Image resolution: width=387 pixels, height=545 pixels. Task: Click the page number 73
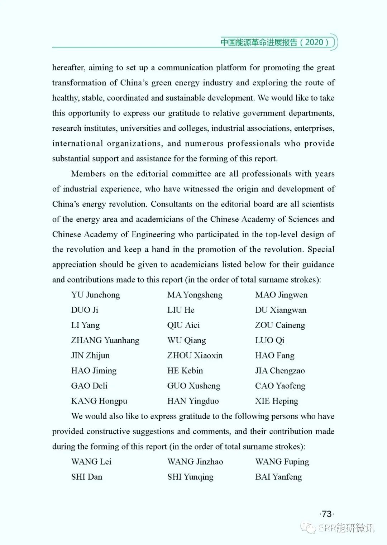pyautogui.click(x=326, y=514)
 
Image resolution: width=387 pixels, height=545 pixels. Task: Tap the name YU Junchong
pyautogui.click(x=95, y=295)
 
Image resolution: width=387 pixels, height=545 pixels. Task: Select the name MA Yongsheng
pyautogui.click(x=195, y=295)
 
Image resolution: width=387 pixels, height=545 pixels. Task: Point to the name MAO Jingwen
pyautogui.click(x=281, y=295)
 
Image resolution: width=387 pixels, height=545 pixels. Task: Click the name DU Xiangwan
pyautogui.click(x=281, y=310)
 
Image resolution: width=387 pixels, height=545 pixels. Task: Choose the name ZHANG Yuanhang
pyautogui.click(x=105, y=340)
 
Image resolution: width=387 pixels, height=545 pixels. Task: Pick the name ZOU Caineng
pyautogui.click(x=280, y=325)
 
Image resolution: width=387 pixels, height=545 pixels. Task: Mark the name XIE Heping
pyautogui.click(x=276, y=401)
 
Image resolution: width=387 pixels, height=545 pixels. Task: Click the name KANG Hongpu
pyautogui.click(x=99, y=401)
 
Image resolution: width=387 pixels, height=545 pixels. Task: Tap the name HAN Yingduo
pyautogui.click(x=193, y=401)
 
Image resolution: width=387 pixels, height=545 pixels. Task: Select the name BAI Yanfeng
pyautogui.click(x=278, y=477)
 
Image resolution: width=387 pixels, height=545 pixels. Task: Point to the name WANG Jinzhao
pyautogui.click(x=195, y=462)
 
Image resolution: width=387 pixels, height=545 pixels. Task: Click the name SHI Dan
pyautogui.click(x=87, y=477)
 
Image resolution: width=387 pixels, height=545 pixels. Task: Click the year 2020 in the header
pyautogui.click(x=314, y=42)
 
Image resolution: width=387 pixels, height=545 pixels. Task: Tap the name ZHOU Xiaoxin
pyautogui.click(x=195, y=355)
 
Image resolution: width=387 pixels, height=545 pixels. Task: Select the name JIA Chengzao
pyautogui.click(x=280, y=371)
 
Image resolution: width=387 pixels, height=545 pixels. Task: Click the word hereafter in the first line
pyautogui.click(x=68, y=68)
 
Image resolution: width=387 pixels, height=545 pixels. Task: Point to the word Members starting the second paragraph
pyautogui.click(x=88, y=174)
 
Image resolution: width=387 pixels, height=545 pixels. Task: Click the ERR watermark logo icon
pyautogui.click(x=308, y=527)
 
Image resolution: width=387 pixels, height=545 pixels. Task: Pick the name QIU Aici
pyautogui.click(x=183, y=325)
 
